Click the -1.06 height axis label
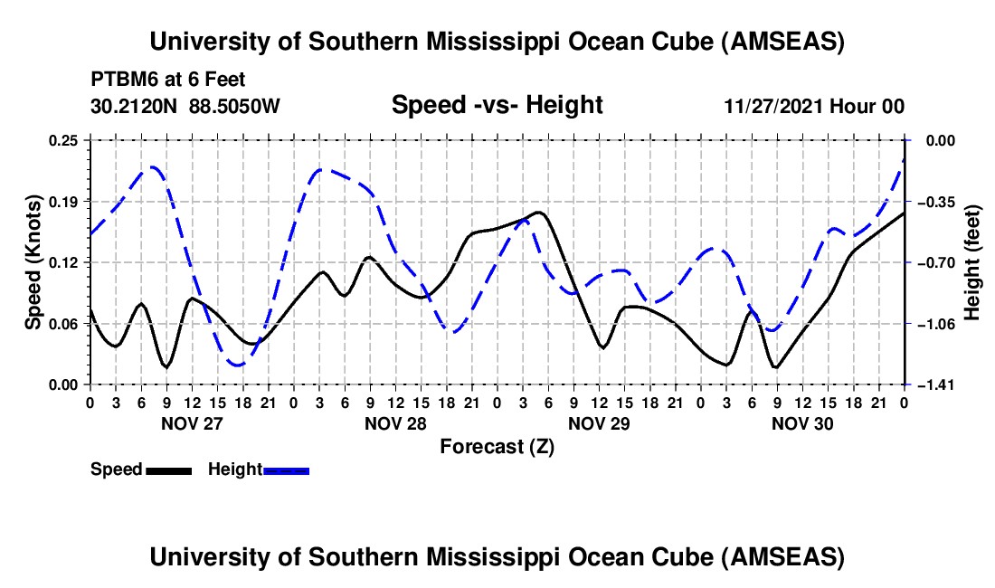935,324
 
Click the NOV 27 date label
192,422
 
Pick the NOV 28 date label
396,422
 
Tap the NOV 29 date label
599,422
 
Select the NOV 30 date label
802,422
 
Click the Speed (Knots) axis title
33,262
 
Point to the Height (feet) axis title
972,262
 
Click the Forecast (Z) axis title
497,446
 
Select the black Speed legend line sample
168,470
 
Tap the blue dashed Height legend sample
287,470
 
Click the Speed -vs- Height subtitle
497,105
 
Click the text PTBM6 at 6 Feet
167,80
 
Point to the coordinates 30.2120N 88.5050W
185,106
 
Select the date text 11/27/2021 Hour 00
814,106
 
